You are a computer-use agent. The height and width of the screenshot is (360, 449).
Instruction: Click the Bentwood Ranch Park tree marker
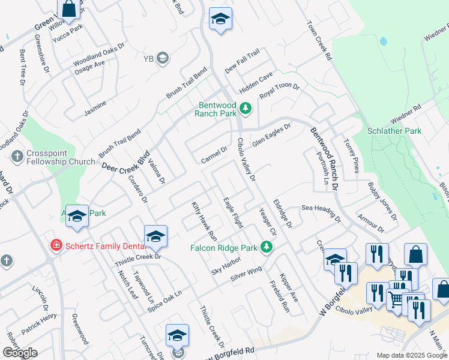[245, 109]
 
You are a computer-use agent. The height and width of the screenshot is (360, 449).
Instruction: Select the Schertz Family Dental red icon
[56, 245]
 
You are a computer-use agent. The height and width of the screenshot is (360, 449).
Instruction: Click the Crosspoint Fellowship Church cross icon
[17, 157]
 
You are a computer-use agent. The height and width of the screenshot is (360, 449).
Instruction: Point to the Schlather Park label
[394, 131]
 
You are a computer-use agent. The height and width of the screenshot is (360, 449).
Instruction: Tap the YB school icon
[163, 58]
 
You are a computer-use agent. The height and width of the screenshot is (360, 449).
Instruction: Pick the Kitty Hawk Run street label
[204, 217]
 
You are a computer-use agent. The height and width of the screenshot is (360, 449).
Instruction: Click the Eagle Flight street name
[233, 213]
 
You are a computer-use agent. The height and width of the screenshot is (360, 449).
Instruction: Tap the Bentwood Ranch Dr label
[325, 159]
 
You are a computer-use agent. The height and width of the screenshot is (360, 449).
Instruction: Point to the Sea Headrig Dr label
[321, 208]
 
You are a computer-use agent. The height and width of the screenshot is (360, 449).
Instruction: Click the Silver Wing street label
[247, 274]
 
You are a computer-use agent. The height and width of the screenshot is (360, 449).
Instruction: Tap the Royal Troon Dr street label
[279, 91]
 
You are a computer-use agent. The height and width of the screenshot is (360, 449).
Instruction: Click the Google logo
[20, 353]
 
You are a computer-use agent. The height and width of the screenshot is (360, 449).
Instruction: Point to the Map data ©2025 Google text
[412, 355]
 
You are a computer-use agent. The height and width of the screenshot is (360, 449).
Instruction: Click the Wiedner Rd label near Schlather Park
[406, 112]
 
